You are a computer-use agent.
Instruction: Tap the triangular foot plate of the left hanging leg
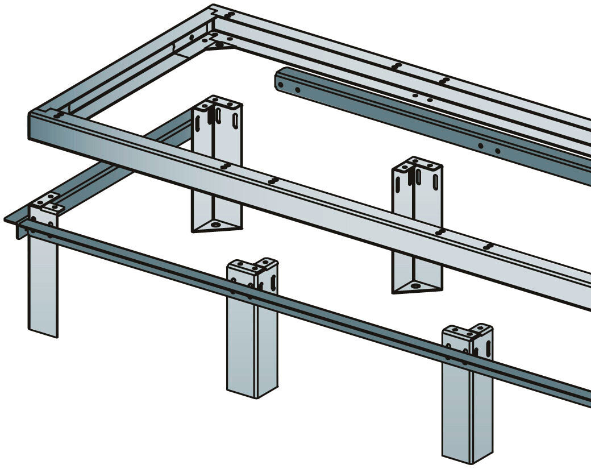(x=215, y=226)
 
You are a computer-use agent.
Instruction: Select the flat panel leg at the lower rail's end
(x=43, y=284)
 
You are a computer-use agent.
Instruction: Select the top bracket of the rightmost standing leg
(x=468, y=332)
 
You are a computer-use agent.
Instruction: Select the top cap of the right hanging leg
(x=418, y=165)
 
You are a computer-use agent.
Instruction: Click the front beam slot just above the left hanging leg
(x=225, y=167)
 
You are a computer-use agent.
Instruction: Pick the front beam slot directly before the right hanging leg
(x=439, y=231)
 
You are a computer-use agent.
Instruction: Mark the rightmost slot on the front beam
(x=488, y=246)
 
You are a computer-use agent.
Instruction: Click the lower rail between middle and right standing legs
(x=364, y=327)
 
